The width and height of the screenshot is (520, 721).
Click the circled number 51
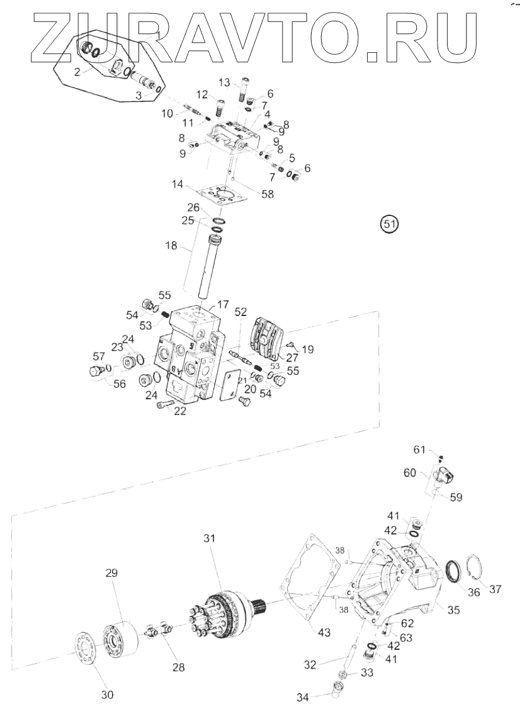pyautogui.click(x=390, y=223)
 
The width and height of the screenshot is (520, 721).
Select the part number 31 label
pyautogui.click(x=209, y=538)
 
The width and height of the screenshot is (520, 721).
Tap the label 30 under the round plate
pyautogui.click(x=107, y=695)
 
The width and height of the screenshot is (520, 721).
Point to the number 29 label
pyautogui.click(x=111, y=574)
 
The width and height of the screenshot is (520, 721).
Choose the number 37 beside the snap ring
pyautogui.click(x=495, y=589)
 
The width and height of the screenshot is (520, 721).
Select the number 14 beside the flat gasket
pyautogui.click(x=178, y=185)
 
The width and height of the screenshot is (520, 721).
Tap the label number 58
pyautogui.click(x=268, y=195)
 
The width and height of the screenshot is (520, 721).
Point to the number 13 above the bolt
pyautogui.click(x=225, y=82)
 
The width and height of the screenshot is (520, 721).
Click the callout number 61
pyautogui.click(x=420, y=450)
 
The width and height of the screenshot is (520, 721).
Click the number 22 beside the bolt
pyautogui.click(x=181, y=411)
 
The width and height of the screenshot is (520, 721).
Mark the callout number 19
pyautogui.click(x=308, y=348)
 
